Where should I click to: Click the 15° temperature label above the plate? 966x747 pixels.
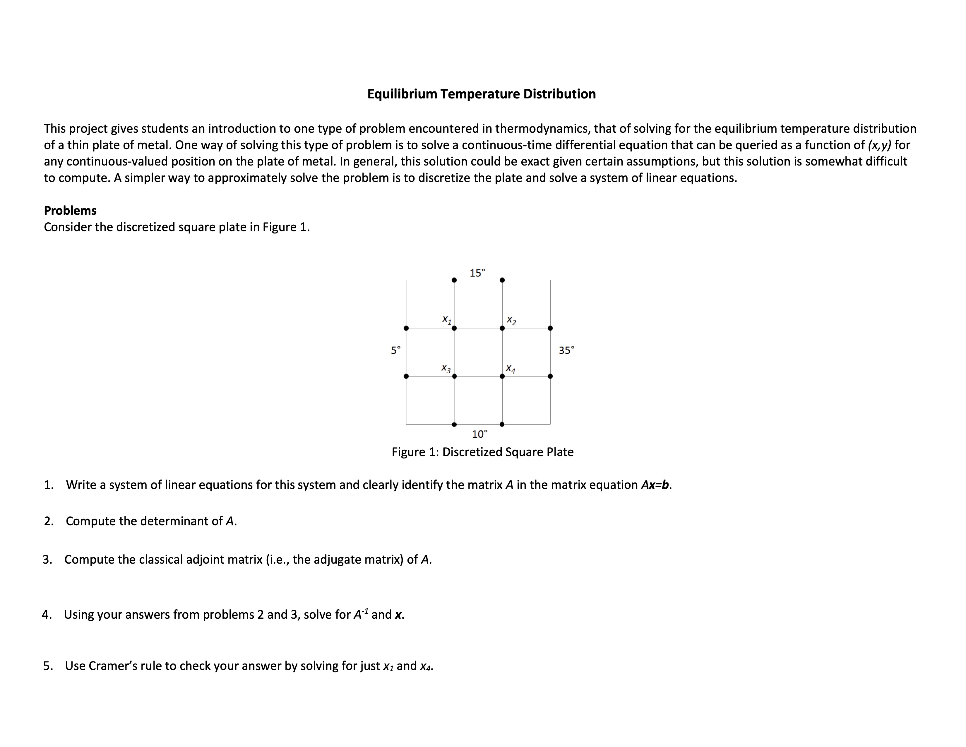[477, 273]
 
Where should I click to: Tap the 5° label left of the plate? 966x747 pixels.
[395, 350]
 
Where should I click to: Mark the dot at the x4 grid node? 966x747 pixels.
[502, 376]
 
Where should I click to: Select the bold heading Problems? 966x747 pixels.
[70, 210]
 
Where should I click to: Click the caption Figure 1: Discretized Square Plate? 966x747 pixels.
[482, 452]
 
